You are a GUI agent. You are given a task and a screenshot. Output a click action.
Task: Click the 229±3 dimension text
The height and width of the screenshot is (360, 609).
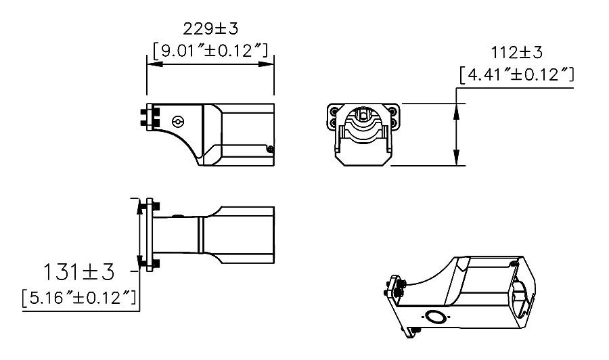pos(210,29)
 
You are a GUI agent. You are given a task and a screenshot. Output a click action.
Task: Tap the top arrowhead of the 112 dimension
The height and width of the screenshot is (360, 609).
pos(458,109)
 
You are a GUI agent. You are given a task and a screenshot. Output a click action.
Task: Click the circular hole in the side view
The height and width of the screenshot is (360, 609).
pos(178,122)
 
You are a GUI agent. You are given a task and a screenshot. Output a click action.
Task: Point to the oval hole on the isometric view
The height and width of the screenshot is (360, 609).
pos(433,317)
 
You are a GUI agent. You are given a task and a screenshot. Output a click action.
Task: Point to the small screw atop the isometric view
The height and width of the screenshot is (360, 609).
pos(515,263)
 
